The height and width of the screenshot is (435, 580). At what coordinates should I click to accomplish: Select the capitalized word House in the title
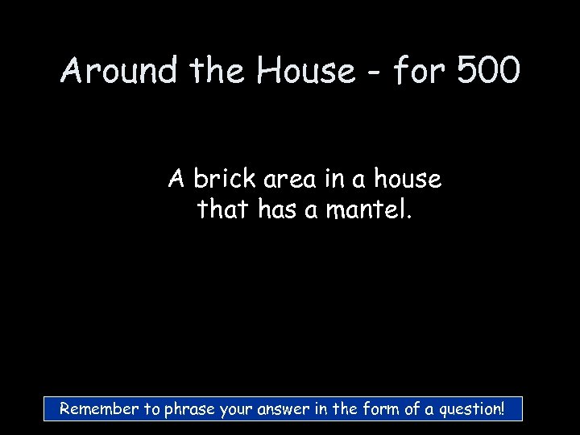(x=305, y=72)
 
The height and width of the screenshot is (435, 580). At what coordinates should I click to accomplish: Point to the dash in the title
(x=375, y=74)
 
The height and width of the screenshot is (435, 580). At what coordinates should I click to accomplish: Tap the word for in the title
(x=420, y=72)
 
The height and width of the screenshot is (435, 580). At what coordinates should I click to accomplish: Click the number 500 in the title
(x=488, y=72)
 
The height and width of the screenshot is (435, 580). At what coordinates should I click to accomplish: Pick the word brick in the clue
(x=223, y=179)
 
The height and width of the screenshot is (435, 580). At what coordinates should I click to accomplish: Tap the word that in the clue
(x=225, y=210)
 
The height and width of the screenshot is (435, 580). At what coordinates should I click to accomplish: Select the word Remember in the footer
(x=100, y=409)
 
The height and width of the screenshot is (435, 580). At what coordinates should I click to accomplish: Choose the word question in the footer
(x=468, y=410)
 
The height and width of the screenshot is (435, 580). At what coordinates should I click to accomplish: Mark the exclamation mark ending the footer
(x=502, y=408)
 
